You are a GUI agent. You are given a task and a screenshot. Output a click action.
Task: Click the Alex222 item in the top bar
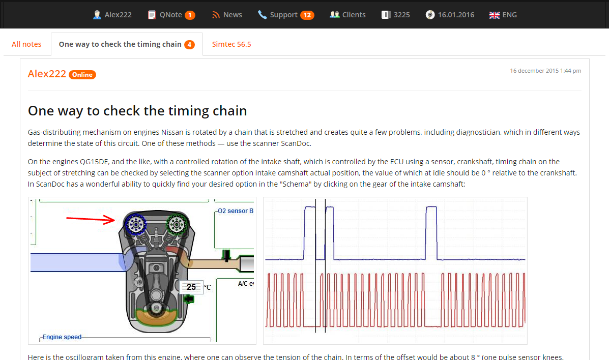click(112, 15)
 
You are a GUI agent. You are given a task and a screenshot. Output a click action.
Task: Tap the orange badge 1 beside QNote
click(190, 15)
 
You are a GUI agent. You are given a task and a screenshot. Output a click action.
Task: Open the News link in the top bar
click(227, 15)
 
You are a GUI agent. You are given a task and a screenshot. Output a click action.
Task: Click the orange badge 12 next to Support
click(307, 15)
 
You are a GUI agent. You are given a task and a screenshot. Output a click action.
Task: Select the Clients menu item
click(348, 15)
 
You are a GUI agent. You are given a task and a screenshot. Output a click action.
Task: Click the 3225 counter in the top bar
click(396, 15)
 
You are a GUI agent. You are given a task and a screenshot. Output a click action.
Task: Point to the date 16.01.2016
click(450, 15)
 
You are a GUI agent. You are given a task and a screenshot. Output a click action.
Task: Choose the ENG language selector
click(503, 15)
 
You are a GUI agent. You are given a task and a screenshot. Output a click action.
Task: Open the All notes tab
click(26, 44)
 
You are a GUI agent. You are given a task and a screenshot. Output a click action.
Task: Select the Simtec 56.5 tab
click(231, 44)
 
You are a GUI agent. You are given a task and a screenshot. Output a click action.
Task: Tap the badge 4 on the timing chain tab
click(189, 45)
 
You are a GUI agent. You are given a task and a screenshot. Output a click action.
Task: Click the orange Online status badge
click(82, 75)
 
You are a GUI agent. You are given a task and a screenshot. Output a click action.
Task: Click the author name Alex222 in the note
click(47, 74)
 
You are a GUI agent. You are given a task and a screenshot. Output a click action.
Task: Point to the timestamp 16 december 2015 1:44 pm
click(545, 71)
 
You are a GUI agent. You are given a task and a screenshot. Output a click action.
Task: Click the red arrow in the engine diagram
click(91, 219)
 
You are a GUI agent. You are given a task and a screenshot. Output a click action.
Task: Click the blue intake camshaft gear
click(135, 224)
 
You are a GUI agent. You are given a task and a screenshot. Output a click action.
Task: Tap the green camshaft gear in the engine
click(177, 224)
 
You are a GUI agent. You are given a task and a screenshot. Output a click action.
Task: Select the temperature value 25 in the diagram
click(191, 287)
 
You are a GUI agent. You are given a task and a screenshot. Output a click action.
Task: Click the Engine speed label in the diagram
click(62, 337)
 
